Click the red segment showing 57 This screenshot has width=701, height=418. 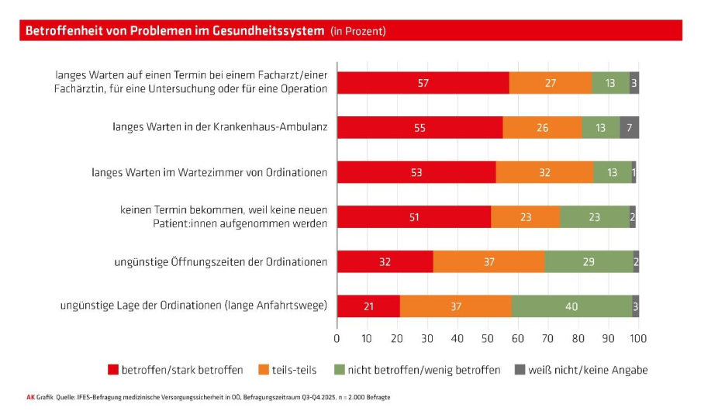pyautogui.click(x=423, y=82)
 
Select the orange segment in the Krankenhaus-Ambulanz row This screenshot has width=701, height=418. pyautogui.click(x=542, y=127)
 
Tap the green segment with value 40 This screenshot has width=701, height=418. pyautogui.click(x=572, y=306)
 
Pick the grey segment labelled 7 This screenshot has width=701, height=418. pyautogui.click(x=629, y=127)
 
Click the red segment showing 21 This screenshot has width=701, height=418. pyautogui.click(x=368, y=306)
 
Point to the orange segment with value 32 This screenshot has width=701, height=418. pyautogui.click(x=544, y=172)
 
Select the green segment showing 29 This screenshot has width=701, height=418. pyautogui.click(x=589, y=262)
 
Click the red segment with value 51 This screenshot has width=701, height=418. pyautogui.click(x=413, y=217)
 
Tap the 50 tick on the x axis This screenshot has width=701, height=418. pyautogui.click(x=488, y=339)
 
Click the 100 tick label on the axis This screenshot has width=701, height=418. pyautogui.click(x=638, y=339)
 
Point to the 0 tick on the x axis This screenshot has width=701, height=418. pyautogui.click(x=337, y=339)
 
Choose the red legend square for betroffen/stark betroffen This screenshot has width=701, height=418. pyautogui.click(x=112, y=370)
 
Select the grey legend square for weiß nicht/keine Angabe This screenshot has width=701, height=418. pyautogui.click(x=520, y=370)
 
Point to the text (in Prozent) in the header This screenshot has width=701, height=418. pyautogui.click(x=357, y=31)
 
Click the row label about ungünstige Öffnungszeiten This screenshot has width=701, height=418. pyautogui.click(x=220, y=262)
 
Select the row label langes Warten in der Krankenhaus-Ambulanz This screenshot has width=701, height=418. pyautogui.click(x=219, y=127)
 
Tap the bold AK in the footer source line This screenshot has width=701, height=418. pyautogui.click(x=30, y=397)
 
